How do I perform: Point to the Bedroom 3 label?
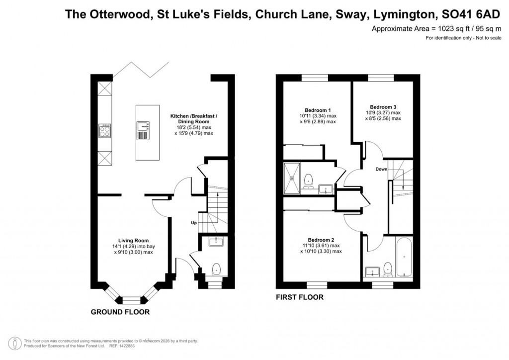point(383,107)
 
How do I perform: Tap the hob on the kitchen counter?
point(105,130)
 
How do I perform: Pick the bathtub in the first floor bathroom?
point(403,258)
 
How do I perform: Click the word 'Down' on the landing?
point(381,169)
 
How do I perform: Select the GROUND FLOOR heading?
point(120,312)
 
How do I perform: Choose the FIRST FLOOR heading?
point(300,297)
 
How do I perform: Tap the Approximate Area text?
point(436,29)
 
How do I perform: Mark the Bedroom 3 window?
point(381,78)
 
